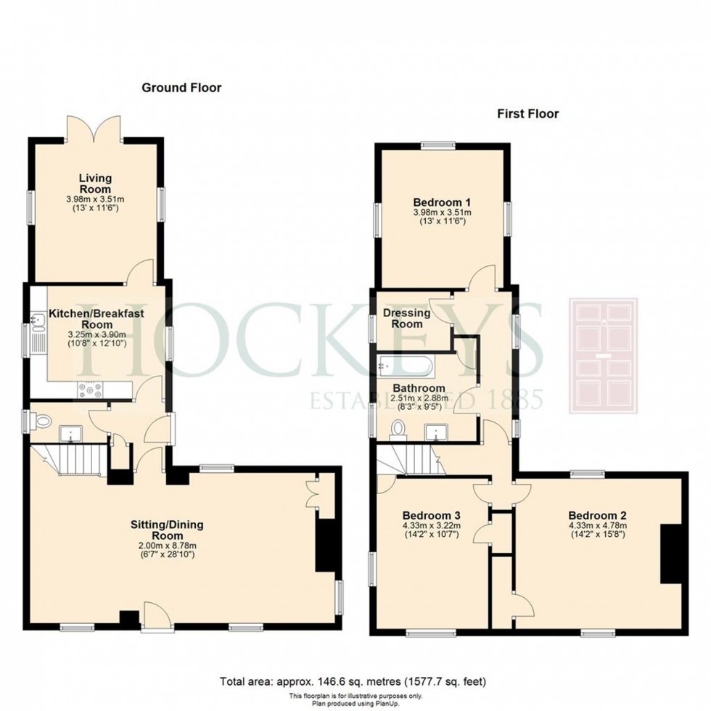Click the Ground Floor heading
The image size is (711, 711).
(181, 88)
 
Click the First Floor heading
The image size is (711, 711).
(528, 113)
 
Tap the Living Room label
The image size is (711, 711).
(95, 183)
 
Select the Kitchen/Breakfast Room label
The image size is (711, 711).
(96, 318)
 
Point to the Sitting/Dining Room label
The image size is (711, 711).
(167, 530)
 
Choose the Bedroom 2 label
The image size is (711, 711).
(597, 516)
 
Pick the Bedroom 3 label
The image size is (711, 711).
(431, 516)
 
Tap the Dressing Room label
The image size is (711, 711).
(407, 318)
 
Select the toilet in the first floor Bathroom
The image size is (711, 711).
(398, 430)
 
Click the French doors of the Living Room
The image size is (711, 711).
(94, 128)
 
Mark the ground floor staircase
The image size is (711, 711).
(70, 459)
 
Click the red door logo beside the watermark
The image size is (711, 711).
(603, 356)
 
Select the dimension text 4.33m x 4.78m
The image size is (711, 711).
(597, 525)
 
